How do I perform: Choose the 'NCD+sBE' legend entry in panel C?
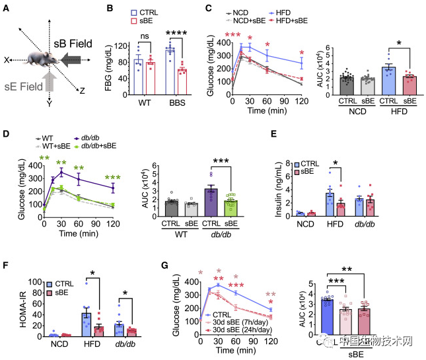click(250, 21)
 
